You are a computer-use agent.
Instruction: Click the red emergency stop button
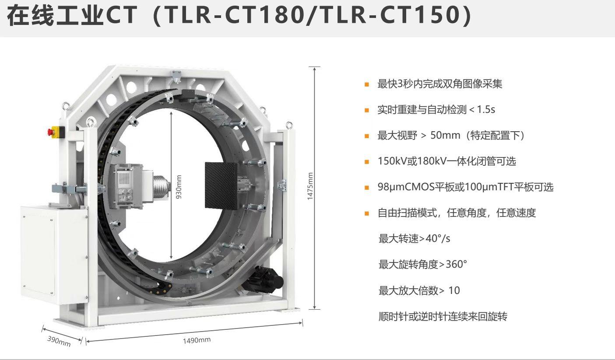click(50, 132)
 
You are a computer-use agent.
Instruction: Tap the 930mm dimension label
click(179, 187)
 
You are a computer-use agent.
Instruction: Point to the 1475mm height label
click(310, 186)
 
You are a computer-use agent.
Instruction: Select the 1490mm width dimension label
click(197, 340)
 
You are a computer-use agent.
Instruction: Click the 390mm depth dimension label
click(59, 341)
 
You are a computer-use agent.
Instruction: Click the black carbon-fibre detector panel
click(221, 186)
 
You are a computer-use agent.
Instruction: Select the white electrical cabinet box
click(54, 254)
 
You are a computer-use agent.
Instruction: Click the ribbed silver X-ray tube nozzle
click(161, 187)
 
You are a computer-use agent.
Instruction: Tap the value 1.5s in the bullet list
click(486, 109)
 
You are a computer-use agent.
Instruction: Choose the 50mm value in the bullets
click(445, 135)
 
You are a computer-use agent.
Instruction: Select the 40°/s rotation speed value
click(438, 238)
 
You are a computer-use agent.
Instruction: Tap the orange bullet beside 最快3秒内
click(366, 84)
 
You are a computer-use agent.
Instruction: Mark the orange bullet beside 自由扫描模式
click(366, 213)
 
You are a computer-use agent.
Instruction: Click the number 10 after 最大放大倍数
click(454, 290)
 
